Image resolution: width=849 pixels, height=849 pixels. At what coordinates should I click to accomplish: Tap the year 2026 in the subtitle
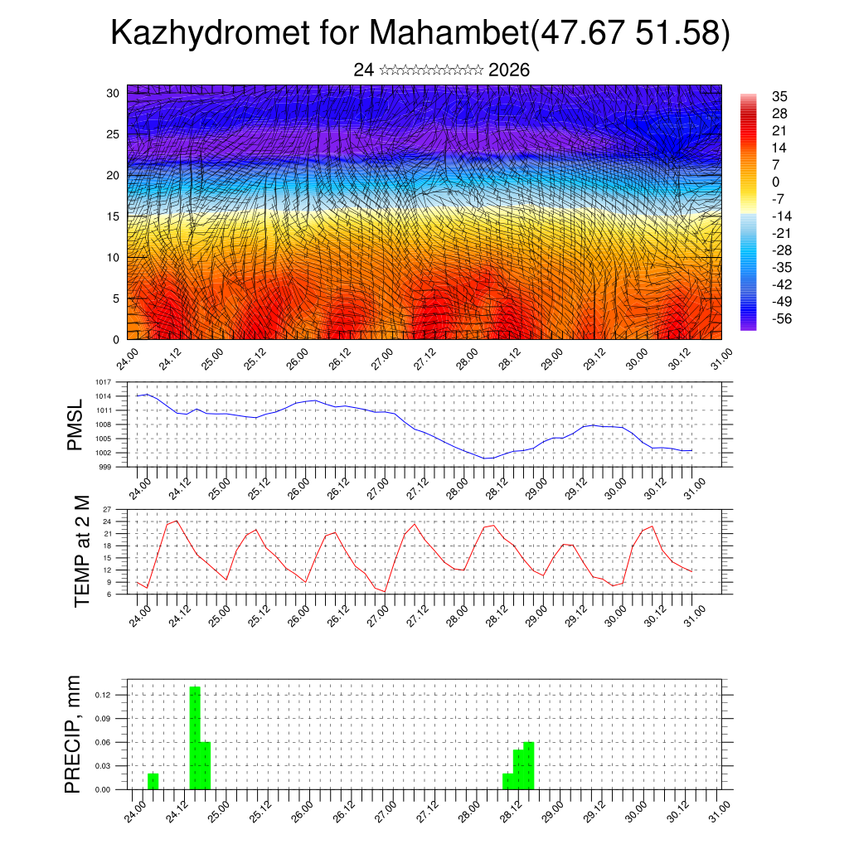tap(509, 70)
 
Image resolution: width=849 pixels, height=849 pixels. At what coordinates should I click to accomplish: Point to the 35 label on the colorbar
tap(779, 96)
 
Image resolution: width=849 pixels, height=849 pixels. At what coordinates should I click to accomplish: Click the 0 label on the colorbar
tap(776, 182)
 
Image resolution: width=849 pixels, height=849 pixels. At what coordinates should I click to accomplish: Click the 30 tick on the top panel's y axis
tap(113, 93)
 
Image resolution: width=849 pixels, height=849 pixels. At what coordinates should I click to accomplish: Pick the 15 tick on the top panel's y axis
tap(113, 216)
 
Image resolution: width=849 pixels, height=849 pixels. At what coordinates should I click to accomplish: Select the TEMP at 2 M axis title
tap(82, 551)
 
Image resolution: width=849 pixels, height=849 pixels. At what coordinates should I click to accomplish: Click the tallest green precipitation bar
tap(195, 737)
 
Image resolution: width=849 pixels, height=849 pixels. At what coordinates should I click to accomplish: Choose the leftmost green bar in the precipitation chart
tap(153, 781)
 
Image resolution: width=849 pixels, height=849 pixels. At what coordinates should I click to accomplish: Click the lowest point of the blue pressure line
tap(487, 458)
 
